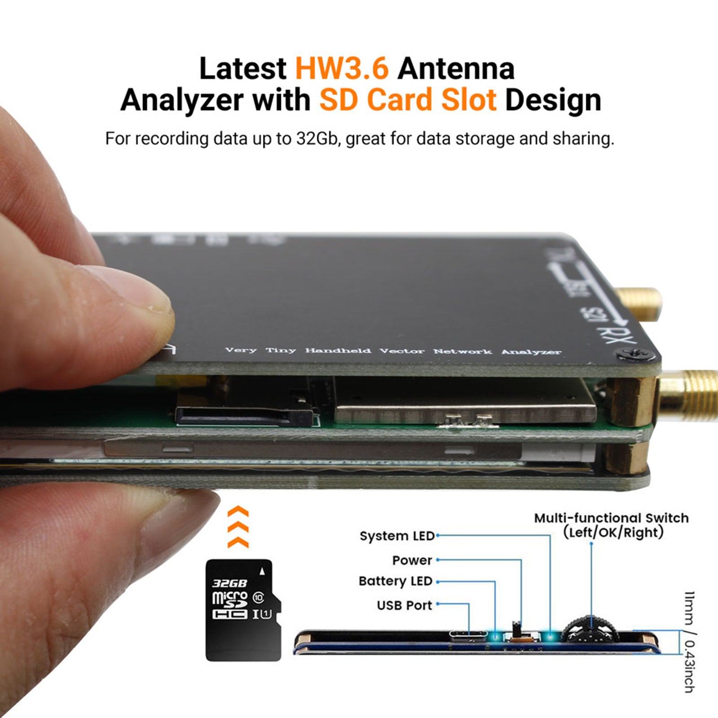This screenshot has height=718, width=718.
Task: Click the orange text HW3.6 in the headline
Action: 342,69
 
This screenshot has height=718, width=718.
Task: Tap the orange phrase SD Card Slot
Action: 407,100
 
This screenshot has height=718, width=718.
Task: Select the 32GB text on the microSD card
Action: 229,583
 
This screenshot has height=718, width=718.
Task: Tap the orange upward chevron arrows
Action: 238,527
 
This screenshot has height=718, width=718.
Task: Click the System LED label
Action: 397,536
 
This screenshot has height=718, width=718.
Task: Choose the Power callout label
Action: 412,560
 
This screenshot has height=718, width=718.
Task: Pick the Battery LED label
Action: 395,581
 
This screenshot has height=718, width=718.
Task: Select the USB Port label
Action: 404,605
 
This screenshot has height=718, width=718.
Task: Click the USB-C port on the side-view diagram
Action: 468,635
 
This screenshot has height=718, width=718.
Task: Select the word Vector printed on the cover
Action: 402,350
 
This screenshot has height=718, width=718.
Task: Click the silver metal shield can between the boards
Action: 464,402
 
